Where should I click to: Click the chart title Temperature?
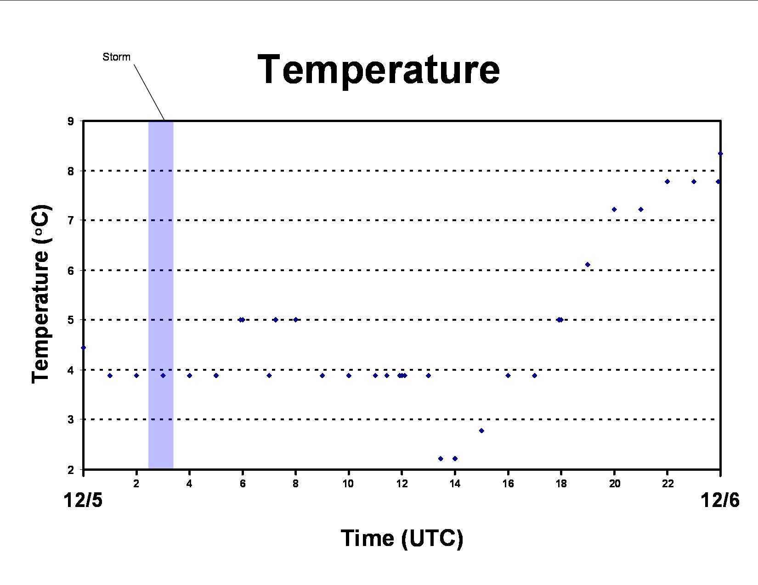[379, 70]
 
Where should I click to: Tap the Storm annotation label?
[116, 57]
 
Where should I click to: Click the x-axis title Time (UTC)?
[402, 538]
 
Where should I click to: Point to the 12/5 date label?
[83, 500]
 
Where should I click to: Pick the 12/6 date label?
[720, 500]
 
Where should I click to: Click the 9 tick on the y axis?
[71, 121]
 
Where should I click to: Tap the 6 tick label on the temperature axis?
[71, 270]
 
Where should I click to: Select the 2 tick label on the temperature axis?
[71, 470]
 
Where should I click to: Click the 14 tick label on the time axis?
[455, 484]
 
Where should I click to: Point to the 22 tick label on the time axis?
[667, 484]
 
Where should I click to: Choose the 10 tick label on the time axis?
[348, 484]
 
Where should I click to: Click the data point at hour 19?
[588, 264]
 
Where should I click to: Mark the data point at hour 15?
[481, 431]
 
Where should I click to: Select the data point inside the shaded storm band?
[163, 375]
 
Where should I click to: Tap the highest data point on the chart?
[720, 154]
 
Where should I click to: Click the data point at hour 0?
[83, 348]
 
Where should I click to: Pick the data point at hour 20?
[614, 209]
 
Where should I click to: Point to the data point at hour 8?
[295, 319]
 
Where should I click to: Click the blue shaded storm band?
[161, 295]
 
